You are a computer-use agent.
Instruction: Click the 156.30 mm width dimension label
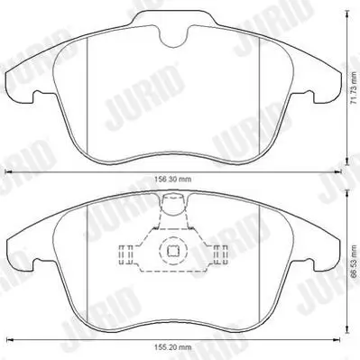[x=172, y=180]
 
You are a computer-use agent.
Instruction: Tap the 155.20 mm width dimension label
[x=172, y=347]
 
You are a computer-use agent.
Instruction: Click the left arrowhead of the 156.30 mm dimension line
[x=9, y=172]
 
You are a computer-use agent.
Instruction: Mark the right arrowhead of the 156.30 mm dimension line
[x=338, y=172]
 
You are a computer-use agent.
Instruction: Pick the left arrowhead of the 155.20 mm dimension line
[x=9, y=340]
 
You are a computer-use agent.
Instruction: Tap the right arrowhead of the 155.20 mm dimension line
[x=337, y=340]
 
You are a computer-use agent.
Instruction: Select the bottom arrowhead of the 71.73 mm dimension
[x=347, y=162]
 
